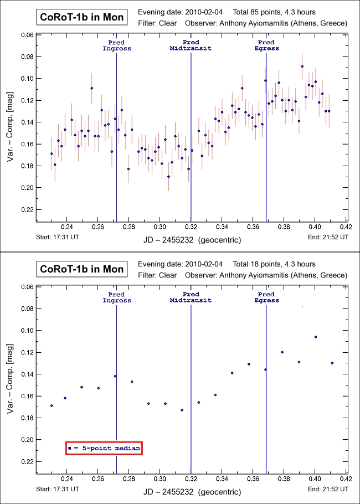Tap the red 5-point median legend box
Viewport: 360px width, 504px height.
click(104, 448)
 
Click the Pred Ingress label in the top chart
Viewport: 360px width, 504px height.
click(117, 45)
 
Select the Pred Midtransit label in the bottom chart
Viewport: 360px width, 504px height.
click(191, 297)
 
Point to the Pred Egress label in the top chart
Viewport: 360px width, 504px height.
click(266, 45)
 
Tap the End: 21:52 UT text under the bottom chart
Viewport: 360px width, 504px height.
click(327, 489)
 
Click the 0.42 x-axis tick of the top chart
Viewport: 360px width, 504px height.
click(346, 226)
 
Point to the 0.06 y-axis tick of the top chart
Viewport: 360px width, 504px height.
click(27, 35)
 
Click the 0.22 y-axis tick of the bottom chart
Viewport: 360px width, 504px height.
click(27, 461)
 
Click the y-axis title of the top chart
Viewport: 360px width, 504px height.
click(10, 128)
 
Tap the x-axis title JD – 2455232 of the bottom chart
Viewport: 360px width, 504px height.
click(191, 490)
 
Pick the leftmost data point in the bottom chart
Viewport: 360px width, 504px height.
click(52, 405)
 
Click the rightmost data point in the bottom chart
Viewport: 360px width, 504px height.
click(332, 363)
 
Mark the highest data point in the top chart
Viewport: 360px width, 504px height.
click(302, 66)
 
